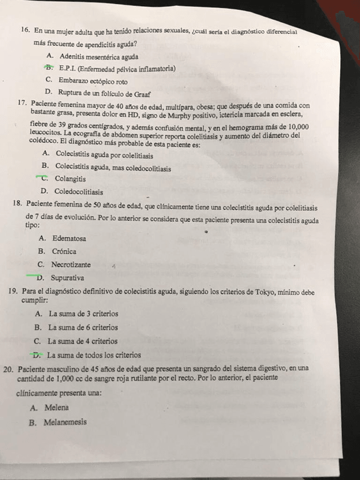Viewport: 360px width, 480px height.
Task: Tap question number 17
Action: (23, 104)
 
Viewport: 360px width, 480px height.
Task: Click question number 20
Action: (8, 368)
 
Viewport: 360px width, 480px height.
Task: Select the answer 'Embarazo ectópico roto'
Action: (93, 82)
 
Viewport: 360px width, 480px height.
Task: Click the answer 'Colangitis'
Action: (71, 179)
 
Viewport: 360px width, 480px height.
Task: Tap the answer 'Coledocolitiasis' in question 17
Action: (79, 192)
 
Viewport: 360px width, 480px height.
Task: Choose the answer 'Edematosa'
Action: (69, 238)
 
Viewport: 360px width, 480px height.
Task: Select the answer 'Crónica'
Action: (64, 251)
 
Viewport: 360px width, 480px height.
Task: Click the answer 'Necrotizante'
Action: (71, 264)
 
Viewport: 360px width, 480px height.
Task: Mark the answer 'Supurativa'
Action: (67, 278)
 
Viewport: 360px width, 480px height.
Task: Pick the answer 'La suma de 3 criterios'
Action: (84, 314)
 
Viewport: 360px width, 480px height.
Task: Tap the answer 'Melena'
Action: (57, 408)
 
